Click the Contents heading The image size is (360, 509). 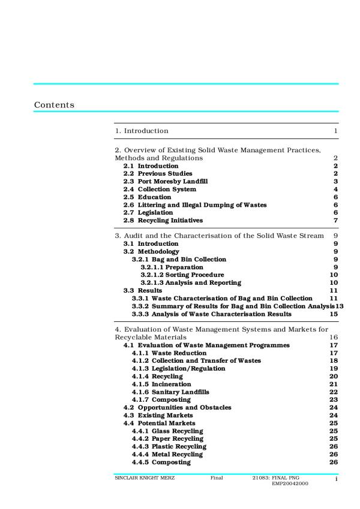pyautogui.click(x=54, y=105)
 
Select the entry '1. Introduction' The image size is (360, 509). pyautogui.click(x=142, y=131)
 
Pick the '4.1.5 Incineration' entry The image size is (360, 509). pyautogui.click(x=161, y=384)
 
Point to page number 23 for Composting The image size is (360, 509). pyautogui.click(x=334, y=400)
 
